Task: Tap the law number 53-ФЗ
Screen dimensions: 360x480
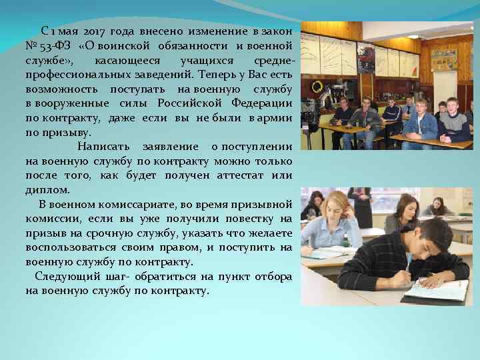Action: pos(54,45)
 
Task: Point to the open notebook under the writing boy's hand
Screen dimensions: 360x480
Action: pos(437,290)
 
